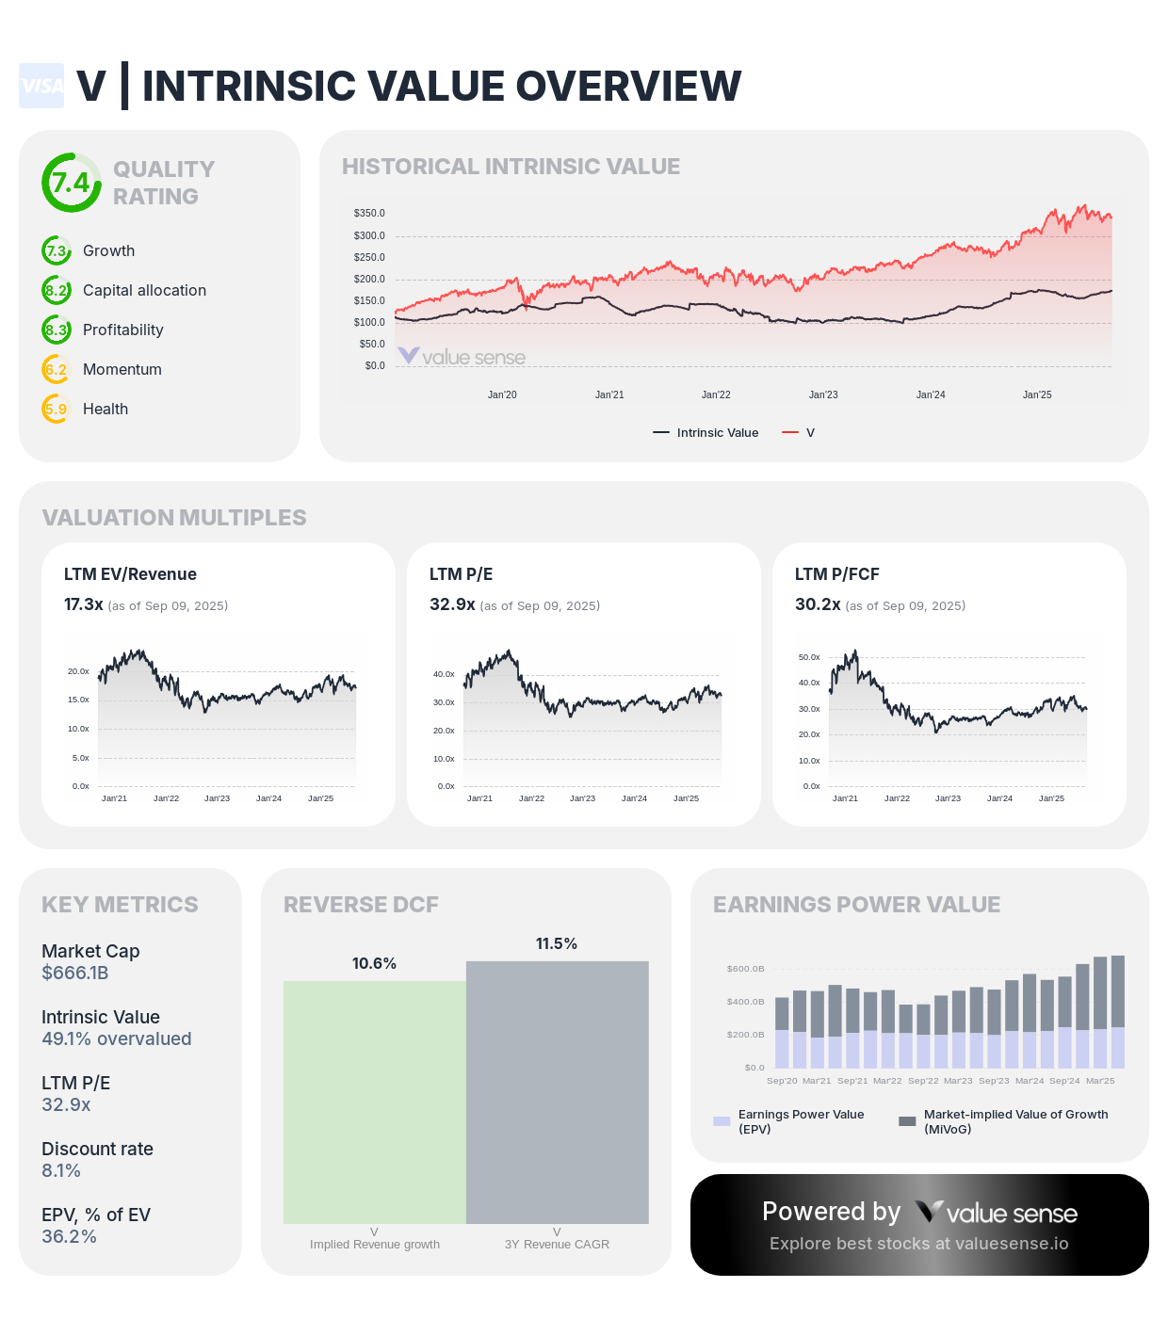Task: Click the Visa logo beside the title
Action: coord(41,86)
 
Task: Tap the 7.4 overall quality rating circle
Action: coord(71,183)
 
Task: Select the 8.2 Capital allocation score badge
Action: coord(57,290)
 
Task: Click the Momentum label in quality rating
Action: coord(122,369)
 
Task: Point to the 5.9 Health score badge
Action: coord(57,409)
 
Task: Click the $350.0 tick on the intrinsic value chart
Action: coord(369,214)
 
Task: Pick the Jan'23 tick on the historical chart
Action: coord(823,394)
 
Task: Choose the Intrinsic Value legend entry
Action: coord(706,433)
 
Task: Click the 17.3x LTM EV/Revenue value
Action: coord(83,604)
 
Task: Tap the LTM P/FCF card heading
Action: coord(837,574)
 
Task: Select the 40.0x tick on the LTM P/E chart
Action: coord(444,674)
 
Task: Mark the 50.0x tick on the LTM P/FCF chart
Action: coord(809,657)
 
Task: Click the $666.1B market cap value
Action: coord(75,973)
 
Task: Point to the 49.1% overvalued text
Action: coord(117,1038)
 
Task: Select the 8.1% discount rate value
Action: coord(61,1170)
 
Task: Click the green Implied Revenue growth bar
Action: coord(375,1102)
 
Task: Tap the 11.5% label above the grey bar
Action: coord(557,943)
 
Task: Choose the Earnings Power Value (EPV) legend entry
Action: coord(791,1121)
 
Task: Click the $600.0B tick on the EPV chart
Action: coord(745,969)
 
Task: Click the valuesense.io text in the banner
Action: coord(1012,1244)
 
